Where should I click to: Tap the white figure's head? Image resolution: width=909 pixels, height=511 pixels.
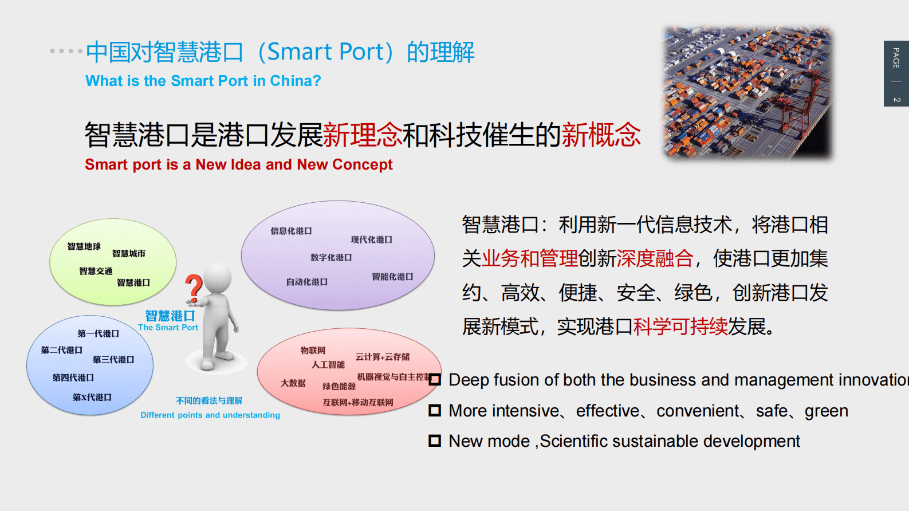click(x=218, y=277)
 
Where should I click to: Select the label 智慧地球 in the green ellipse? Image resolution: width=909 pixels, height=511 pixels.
click(x=84, y=246)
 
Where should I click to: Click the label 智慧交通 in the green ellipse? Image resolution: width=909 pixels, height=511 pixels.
click(x=96, y=271)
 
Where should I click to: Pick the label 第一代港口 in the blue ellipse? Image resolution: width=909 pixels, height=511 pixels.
click(x=99, y=333)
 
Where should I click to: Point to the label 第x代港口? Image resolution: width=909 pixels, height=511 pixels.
click(x=92, y=397)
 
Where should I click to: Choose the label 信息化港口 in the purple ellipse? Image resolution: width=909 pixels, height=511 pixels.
click(x=291, y=231)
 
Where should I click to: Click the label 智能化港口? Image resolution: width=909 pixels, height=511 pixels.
click(x=392, y=277)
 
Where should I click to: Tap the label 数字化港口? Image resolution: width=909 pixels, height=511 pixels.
click(x=331, y=258)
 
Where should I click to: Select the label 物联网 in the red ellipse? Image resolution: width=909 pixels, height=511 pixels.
click(x=313, y=351)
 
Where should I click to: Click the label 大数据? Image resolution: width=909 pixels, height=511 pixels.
click(x=293, y=383)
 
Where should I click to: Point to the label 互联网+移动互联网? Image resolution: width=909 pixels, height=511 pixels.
click(x=358, y=403)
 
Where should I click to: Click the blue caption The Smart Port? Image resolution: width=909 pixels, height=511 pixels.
click(x=168, y=328)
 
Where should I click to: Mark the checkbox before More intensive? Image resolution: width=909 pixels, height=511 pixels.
click(x=435, y=410)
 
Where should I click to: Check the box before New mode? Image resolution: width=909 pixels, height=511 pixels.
click(x=435, y=441)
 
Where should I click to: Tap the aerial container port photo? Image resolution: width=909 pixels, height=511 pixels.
click(x=747, y=92)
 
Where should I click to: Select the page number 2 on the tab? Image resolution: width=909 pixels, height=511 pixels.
click(x=896, y=100)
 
